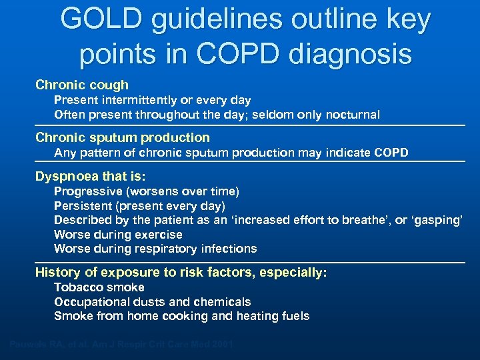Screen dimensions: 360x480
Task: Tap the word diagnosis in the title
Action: pyautogui.click(x=353, y=54)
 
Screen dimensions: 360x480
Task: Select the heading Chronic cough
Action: pyautogui.click(x=82, y=85)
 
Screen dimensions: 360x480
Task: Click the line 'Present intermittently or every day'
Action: pyautogui.click(x=152, y=100)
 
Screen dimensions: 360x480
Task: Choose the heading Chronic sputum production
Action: pyautogui.click(x=123, y=138)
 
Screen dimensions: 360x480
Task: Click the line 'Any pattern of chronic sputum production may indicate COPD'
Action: pyautogui.click(x=231, y=153)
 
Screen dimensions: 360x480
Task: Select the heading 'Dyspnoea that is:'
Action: pyautogui.click(x=91, y=177)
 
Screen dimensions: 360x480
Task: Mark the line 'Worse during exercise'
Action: pyautogui.click(x=118, y=235)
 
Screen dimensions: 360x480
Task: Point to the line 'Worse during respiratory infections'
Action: pyautogui.click(x=155, y=249)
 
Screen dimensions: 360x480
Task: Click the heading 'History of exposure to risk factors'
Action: pyautogui.click(x=181, y=273)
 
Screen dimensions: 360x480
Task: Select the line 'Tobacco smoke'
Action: pyautogui.click(x=99, y=287)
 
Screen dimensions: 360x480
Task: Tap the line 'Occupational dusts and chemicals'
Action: pyautogui.click(x=152, y=302)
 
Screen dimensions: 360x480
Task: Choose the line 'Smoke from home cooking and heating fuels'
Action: pyautogui.click(x=181, y=316)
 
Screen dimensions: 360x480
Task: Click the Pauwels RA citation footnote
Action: pyautogui.click(x=121, y=345)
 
